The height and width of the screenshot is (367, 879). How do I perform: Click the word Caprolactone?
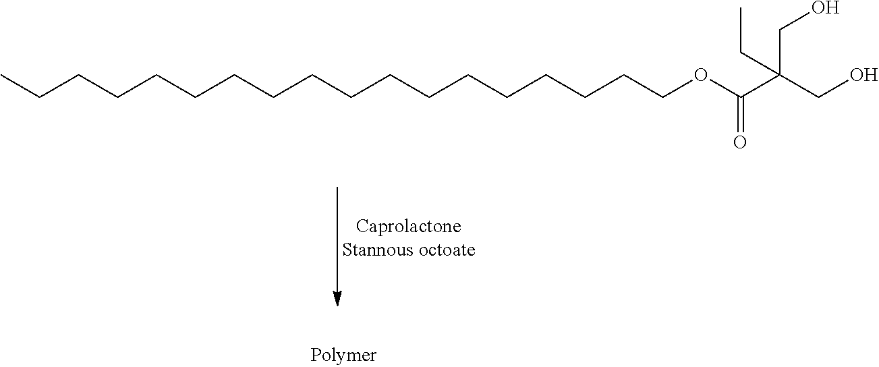409,227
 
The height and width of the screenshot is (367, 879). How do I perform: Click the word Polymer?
343,356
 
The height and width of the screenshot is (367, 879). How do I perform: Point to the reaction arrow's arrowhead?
337,298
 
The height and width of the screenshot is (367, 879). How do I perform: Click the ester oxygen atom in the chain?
700,75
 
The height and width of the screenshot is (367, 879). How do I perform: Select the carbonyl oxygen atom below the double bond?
739,142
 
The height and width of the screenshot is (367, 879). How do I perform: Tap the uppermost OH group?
825,7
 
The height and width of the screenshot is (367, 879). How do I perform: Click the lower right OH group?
863,75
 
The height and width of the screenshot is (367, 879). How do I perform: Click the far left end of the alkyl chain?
1,75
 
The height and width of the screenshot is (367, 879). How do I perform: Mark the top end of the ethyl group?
741,7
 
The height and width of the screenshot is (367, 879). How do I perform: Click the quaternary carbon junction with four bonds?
779,74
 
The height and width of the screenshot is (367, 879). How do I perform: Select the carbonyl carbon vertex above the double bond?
740,96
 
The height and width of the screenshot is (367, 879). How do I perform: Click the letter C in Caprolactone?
362,226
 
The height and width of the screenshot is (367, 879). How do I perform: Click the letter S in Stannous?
347,250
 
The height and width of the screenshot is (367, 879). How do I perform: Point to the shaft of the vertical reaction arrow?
337,239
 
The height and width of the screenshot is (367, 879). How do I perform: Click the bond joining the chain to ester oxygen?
678,88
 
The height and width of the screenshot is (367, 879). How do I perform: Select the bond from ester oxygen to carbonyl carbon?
724,88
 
